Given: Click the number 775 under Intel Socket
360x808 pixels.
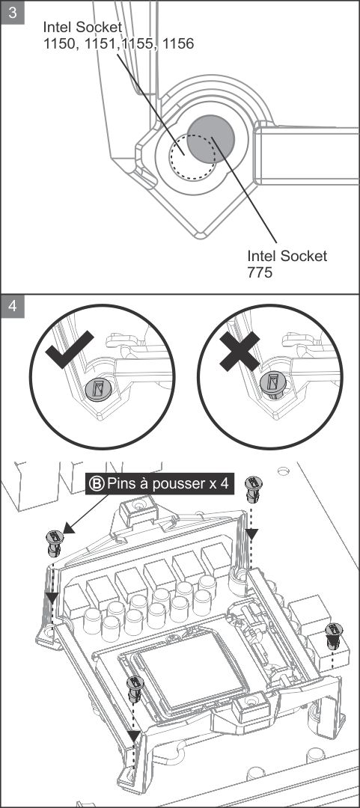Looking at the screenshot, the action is [260, 272].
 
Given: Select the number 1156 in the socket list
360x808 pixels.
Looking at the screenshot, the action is [178, 44].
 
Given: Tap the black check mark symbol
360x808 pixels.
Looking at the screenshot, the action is [69, 349].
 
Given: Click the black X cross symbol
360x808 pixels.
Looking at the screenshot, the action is [240, 352].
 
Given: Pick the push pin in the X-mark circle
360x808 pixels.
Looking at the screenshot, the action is [272, 385].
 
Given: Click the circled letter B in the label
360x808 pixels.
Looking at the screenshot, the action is [97, 484].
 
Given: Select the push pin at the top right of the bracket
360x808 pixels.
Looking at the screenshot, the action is [253, 489].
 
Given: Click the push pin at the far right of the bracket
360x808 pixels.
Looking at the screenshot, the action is [335, 636].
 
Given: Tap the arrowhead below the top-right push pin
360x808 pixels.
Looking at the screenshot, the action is [251, 533].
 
